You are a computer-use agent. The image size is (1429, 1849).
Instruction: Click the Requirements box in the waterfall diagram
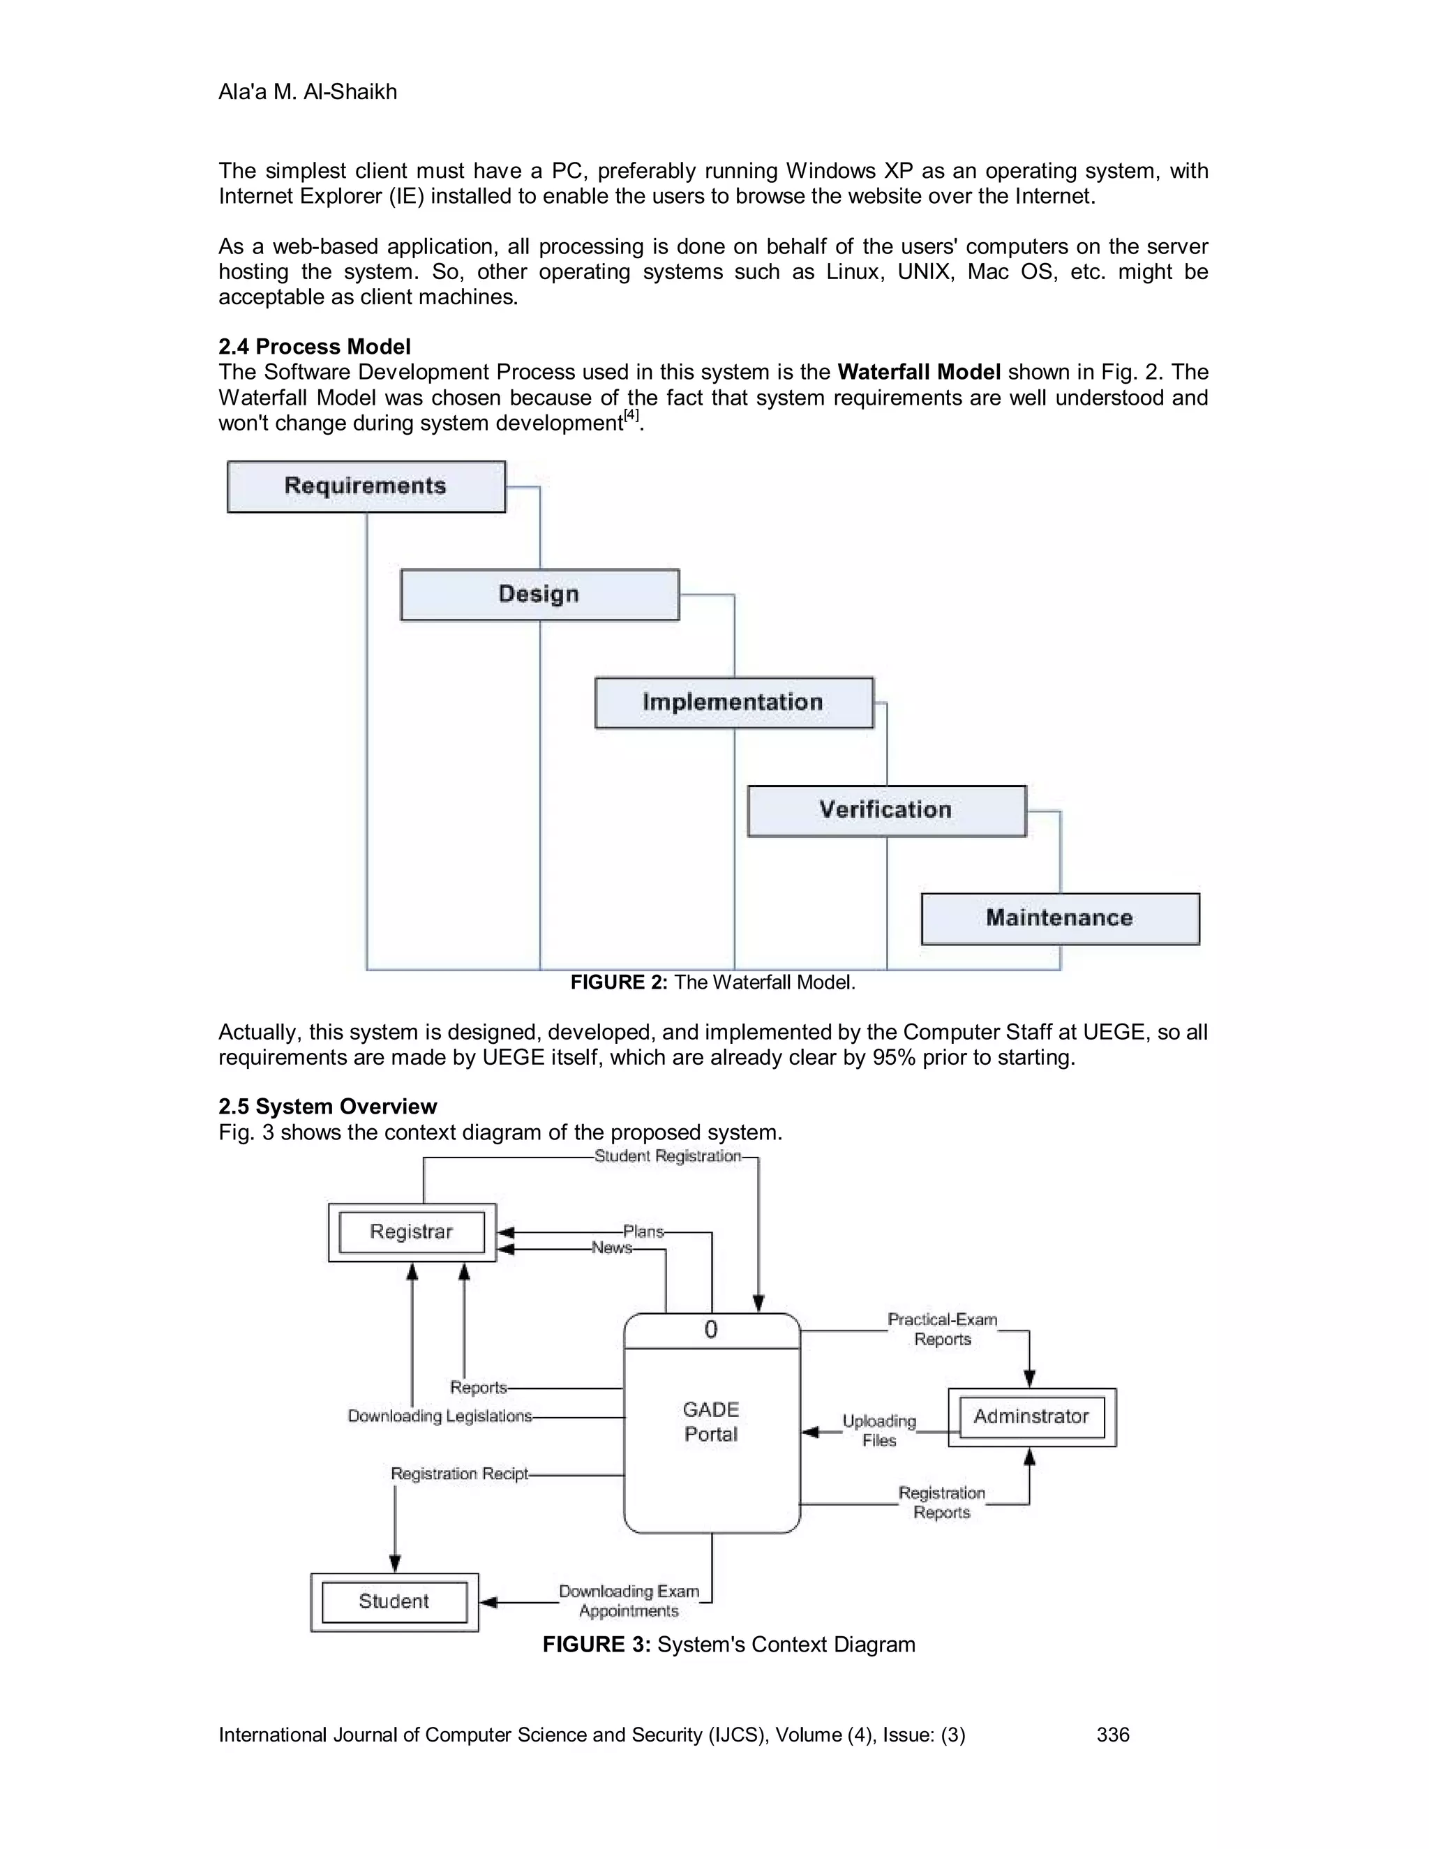366,487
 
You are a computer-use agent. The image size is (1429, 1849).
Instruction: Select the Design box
539,594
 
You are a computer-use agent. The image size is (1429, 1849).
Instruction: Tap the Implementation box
733,703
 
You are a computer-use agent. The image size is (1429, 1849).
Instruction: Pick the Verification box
885,810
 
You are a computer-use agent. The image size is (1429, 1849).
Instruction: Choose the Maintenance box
1059,919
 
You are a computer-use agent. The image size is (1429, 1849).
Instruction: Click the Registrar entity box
412,1232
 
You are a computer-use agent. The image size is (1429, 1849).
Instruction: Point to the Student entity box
394,1601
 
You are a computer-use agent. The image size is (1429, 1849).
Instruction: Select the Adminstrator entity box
1031,1416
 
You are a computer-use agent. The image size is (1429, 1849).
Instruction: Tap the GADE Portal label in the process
711,1421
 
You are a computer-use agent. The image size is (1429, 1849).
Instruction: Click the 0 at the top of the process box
711,1330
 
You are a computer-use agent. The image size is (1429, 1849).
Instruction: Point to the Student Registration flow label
667,1156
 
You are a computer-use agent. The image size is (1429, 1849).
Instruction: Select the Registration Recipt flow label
459,1474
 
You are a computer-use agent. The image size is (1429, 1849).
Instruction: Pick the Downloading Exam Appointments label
629,1601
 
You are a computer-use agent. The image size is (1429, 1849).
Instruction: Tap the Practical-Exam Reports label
942,1329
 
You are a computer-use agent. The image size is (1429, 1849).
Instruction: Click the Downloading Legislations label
440,1416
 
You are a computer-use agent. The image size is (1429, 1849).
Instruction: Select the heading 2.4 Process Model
314,347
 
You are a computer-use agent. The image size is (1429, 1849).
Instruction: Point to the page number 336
1112,1735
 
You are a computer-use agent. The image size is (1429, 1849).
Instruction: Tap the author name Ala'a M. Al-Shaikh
307,92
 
